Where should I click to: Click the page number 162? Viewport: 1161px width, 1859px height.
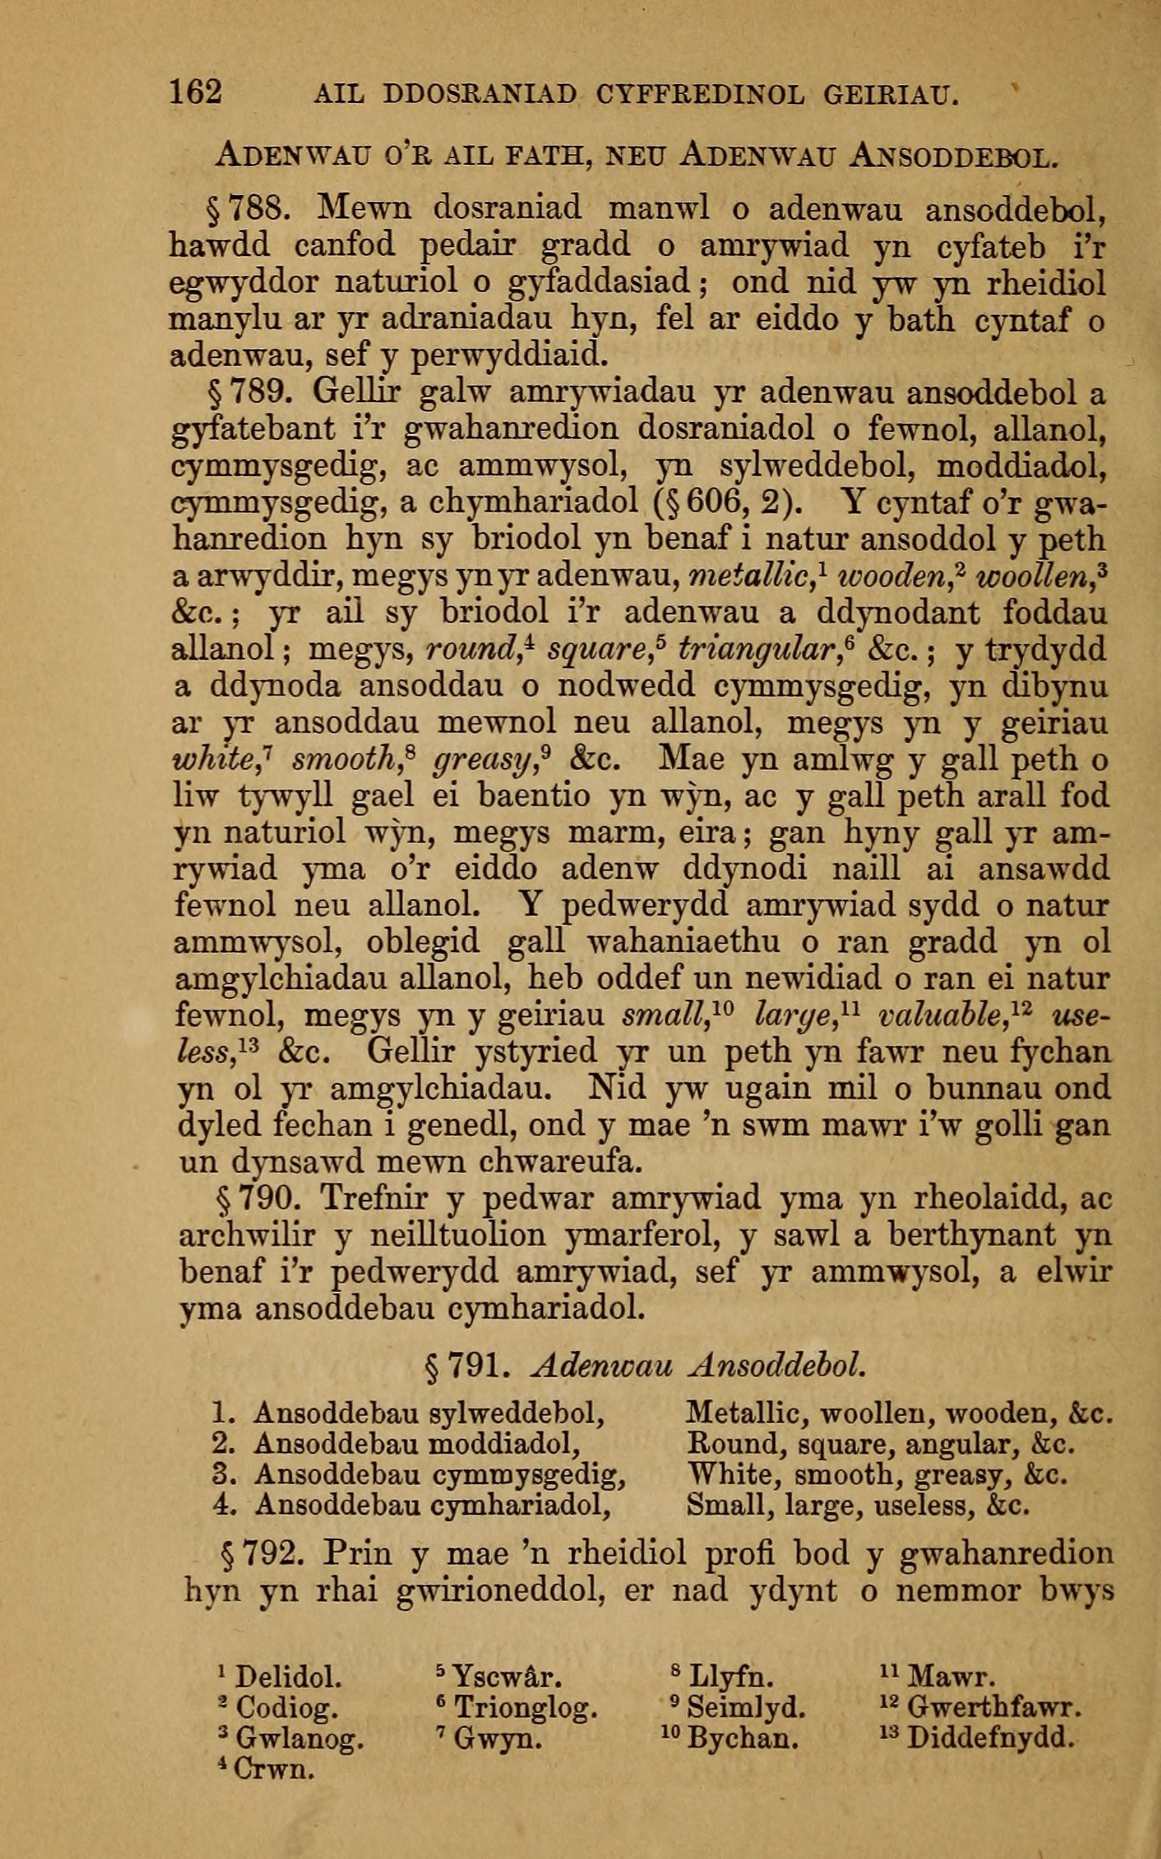pyautogui.click(x=196, y=93)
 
